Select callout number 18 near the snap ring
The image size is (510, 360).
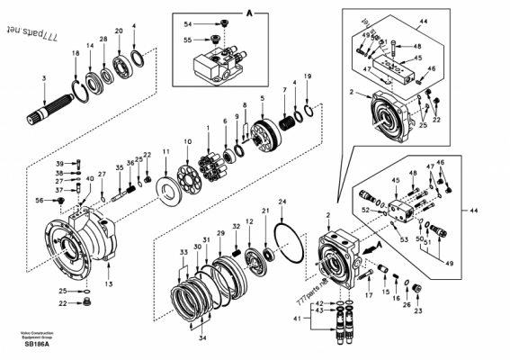76,55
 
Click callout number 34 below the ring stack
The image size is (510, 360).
202,337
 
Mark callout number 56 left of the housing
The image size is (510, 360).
64,201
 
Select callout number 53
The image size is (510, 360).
402,240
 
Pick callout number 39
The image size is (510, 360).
59,162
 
